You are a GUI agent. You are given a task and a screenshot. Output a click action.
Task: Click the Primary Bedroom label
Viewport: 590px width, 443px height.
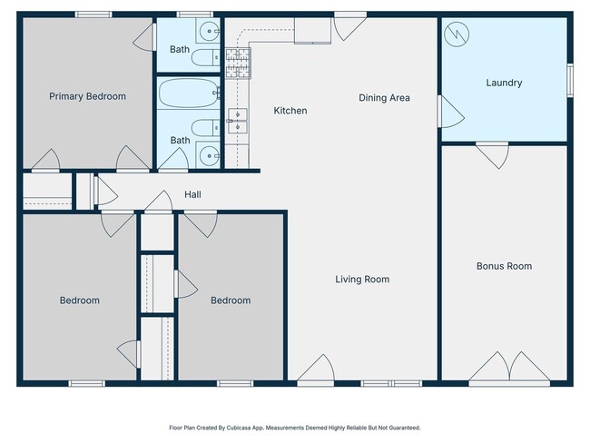point(87,97)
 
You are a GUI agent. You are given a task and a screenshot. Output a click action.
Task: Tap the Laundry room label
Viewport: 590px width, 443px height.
point(504,83)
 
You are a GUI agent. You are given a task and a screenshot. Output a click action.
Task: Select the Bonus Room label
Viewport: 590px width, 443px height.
point(504,266)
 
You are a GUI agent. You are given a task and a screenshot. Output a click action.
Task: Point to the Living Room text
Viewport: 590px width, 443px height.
point(362,280)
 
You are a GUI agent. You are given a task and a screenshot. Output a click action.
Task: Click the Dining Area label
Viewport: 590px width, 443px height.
point(384,98)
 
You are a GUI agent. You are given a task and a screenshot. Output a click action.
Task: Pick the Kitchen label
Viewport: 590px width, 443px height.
point(290,111)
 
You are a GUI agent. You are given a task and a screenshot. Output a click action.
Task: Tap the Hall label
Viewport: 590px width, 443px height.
point(192,194)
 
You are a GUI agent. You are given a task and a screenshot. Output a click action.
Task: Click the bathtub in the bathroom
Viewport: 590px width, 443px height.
point(189,93)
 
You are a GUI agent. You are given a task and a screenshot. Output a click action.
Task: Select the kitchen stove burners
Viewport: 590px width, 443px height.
point(238,64)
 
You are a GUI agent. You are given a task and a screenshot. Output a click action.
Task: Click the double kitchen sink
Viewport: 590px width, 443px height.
point(238,121)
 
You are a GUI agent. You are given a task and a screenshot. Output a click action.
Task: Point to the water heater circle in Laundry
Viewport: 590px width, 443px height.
point(457,34)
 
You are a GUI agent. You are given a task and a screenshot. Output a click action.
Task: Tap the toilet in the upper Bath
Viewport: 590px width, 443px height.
point(206,57)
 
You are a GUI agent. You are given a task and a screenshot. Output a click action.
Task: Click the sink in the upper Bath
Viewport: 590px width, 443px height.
point(209,31)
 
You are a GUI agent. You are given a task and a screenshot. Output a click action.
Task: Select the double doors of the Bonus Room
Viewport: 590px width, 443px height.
point(509,366)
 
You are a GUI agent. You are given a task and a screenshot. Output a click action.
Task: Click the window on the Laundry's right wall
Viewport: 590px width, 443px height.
point(570,80)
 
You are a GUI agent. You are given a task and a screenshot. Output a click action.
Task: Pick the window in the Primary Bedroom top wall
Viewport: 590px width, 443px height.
point(93,15)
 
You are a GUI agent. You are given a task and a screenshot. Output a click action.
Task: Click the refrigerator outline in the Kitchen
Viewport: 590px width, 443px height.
point(312,31)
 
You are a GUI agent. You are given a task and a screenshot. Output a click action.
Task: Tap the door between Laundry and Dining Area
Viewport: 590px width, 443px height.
point(451,112)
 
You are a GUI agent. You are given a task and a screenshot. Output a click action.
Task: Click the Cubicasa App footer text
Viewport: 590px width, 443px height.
point(295,428)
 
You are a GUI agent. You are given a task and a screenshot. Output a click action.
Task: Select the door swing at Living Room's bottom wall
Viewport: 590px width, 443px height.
point(315,368)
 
